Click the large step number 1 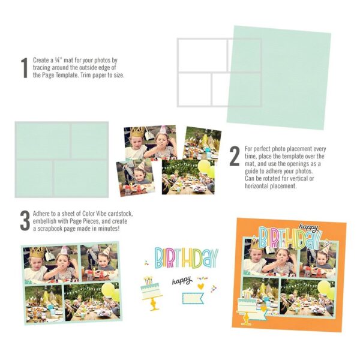click(x=25, y=68)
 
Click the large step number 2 click(x=235, y=157)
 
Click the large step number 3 click(x=25, y=220)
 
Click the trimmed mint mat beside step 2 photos click(x=62, y=159)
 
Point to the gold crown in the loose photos click(x=139, y=131)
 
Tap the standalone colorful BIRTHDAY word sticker click(x=187, y=257)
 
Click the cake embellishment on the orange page click(x=249, y=307)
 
